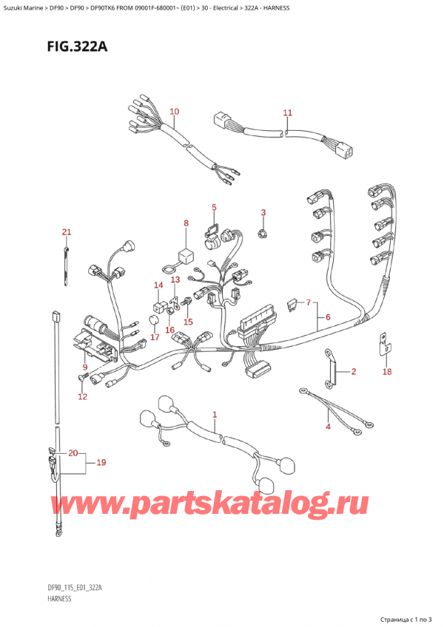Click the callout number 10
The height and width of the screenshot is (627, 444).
coord(174,112)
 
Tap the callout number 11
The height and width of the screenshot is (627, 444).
coord(287,113)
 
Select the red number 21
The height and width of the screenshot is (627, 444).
coord(67,232)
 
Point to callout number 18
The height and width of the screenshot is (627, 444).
coord(387,371)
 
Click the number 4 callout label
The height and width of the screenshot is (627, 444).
coord(328,427)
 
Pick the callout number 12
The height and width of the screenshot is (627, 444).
coord(82,396)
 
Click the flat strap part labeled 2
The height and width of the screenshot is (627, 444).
coord(331,369)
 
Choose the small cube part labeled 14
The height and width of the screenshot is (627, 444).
coord(158,306)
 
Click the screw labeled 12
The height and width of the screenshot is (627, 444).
coord(83,376)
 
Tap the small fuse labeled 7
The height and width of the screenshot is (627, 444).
coord(292,306)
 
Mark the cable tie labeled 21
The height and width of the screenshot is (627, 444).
coord(66,266)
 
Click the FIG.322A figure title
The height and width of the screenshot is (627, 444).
coord(77,47)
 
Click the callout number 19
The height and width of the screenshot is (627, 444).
coord(101,462)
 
